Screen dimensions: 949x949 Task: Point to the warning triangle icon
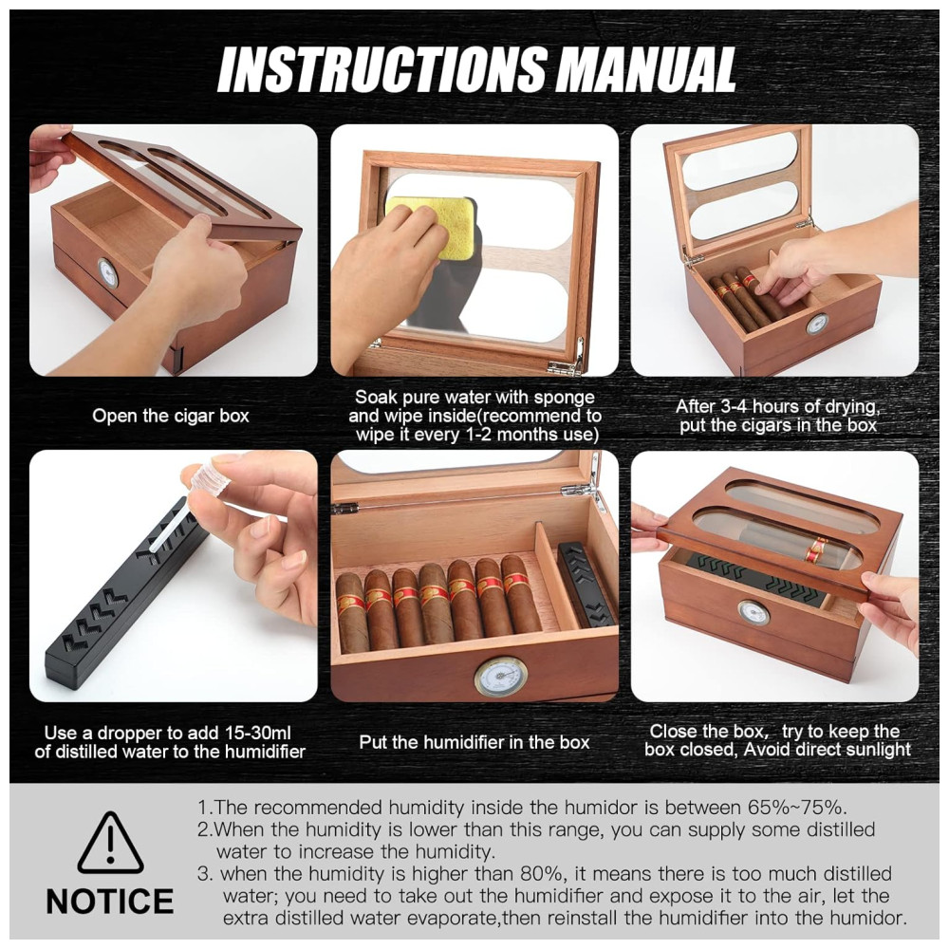click(110, 842)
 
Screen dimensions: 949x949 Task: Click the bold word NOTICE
click(110, 902)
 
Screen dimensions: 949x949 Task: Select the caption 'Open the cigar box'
click(171, 416)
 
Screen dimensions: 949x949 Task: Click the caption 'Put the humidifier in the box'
click(474, 742)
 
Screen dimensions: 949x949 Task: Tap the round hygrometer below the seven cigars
click(500, 677)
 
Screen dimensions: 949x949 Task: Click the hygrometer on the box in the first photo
click(108, 273)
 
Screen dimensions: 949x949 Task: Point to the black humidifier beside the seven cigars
click(586, 584)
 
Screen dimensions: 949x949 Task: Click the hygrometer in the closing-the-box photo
click(753, 612)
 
